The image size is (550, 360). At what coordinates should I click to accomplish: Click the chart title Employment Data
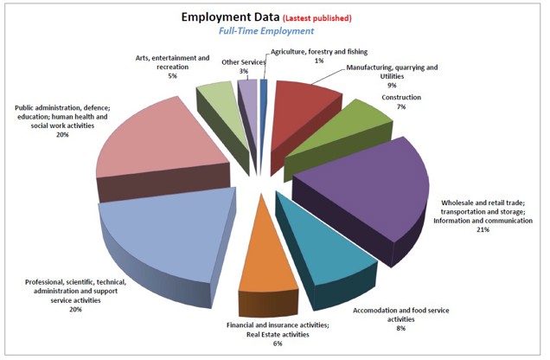(230, 16)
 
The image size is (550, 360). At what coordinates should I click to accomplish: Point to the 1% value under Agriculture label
(319, 61)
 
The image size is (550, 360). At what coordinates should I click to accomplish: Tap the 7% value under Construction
(401, 106)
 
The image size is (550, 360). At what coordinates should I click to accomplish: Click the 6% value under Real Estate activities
(277, 344)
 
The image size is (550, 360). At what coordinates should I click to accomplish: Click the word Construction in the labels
(402, 97)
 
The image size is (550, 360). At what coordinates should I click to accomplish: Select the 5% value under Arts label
(172, 75)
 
